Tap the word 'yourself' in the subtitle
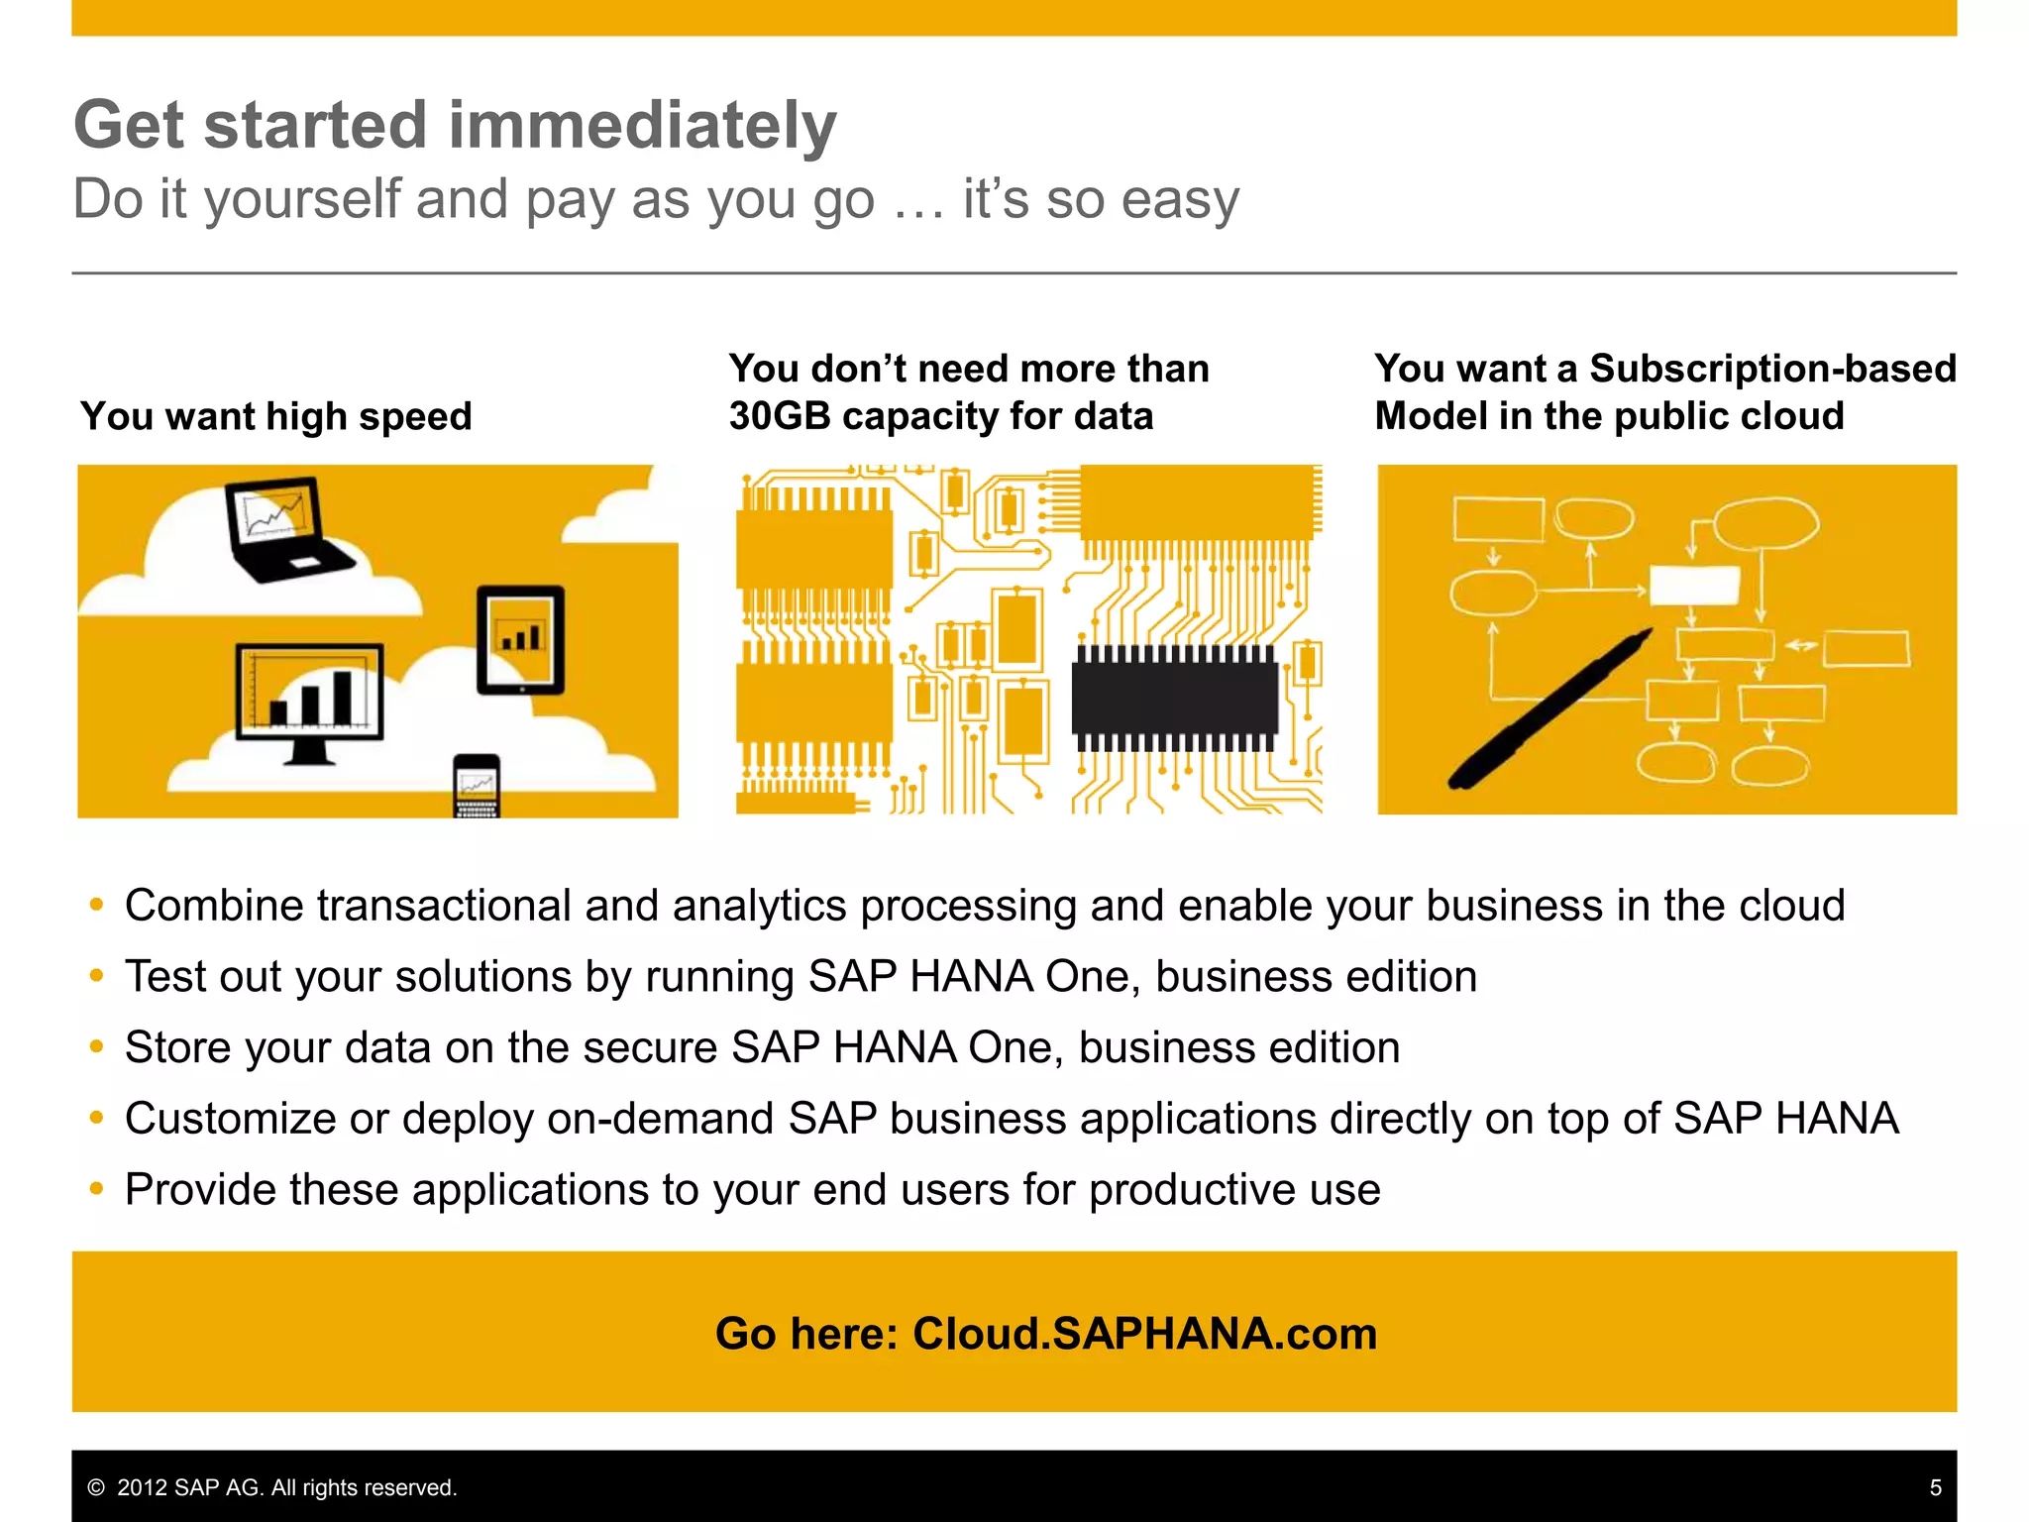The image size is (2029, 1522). [x=302, y=199]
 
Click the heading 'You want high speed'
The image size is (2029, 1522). [x=276, y=416]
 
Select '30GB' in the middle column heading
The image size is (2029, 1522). [x=779, y=416]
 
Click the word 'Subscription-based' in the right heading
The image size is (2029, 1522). [x=1772, y=369]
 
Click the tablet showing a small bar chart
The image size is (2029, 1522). [x=521, y=639]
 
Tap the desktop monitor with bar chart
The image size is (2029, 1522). [x=309, y=699]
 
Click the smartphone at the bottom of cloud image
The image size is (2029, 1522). [x=477, y=786]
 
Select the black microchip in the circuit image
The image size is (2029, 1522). [x=1175, y=698]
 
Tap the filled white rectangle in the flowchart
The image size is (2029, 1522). [x=1694, y=585]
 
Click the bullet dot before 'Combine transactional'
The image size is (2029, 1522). [x=96, y=905]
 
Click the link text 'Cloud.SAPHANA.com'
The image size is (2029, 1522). [x=1144, y=1334]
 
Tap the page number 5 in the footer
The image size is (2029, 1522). [x=1935, y=1487]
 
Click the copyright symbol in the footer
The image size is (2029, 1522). [x=96, y=1487]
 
